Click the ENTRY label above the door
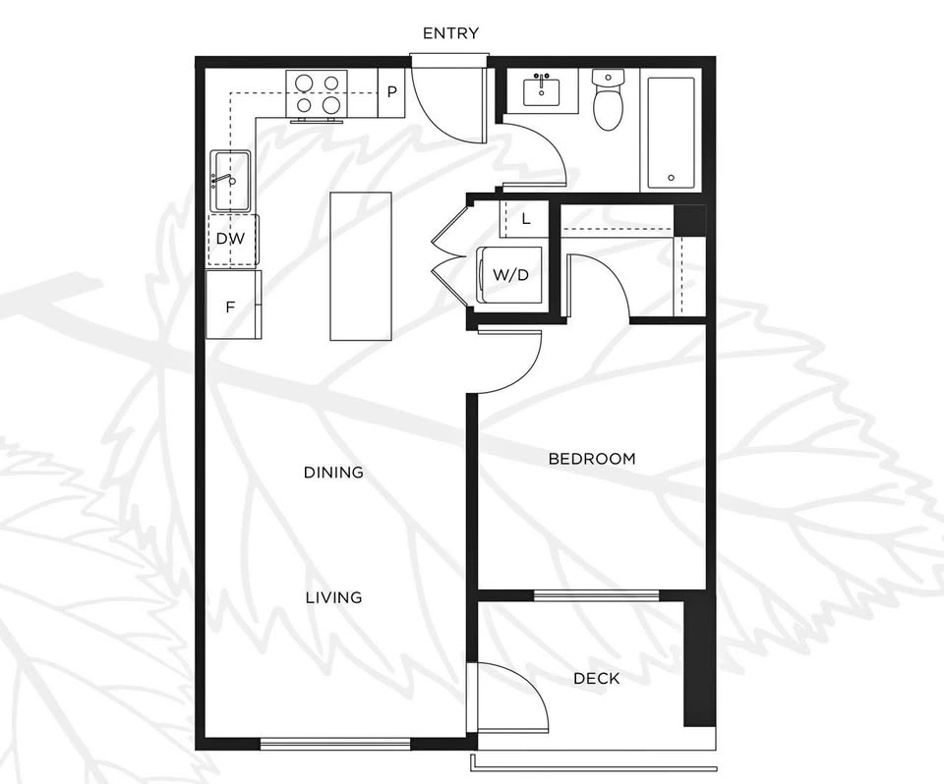tap(451, 33)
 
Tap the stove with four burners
tap(317, 94)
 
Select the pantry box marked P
tap(391, 92)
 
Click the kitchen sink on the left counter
tap(230, 181)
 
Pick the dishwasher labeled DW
tap(233, 239)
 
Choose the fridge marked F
tap(234, 305)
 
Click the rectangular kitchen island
tap(361, 266)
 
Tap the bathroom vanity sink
tap(542, 90)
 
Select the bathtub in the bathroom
tap(672, 132)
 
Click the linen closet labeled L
tap(524, 219)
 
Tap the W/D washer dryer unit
tap(511, 275)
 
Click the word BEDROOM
tap(592, 459)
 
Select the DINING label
tap(333, 473)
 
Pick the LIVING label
tap(333, 597)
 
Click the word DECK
tap(597, 679)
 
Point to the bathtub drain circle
tap(672, 178)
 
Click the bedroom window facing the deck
tap(597, 595)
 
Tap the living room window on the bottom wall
tap(335, 744)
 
